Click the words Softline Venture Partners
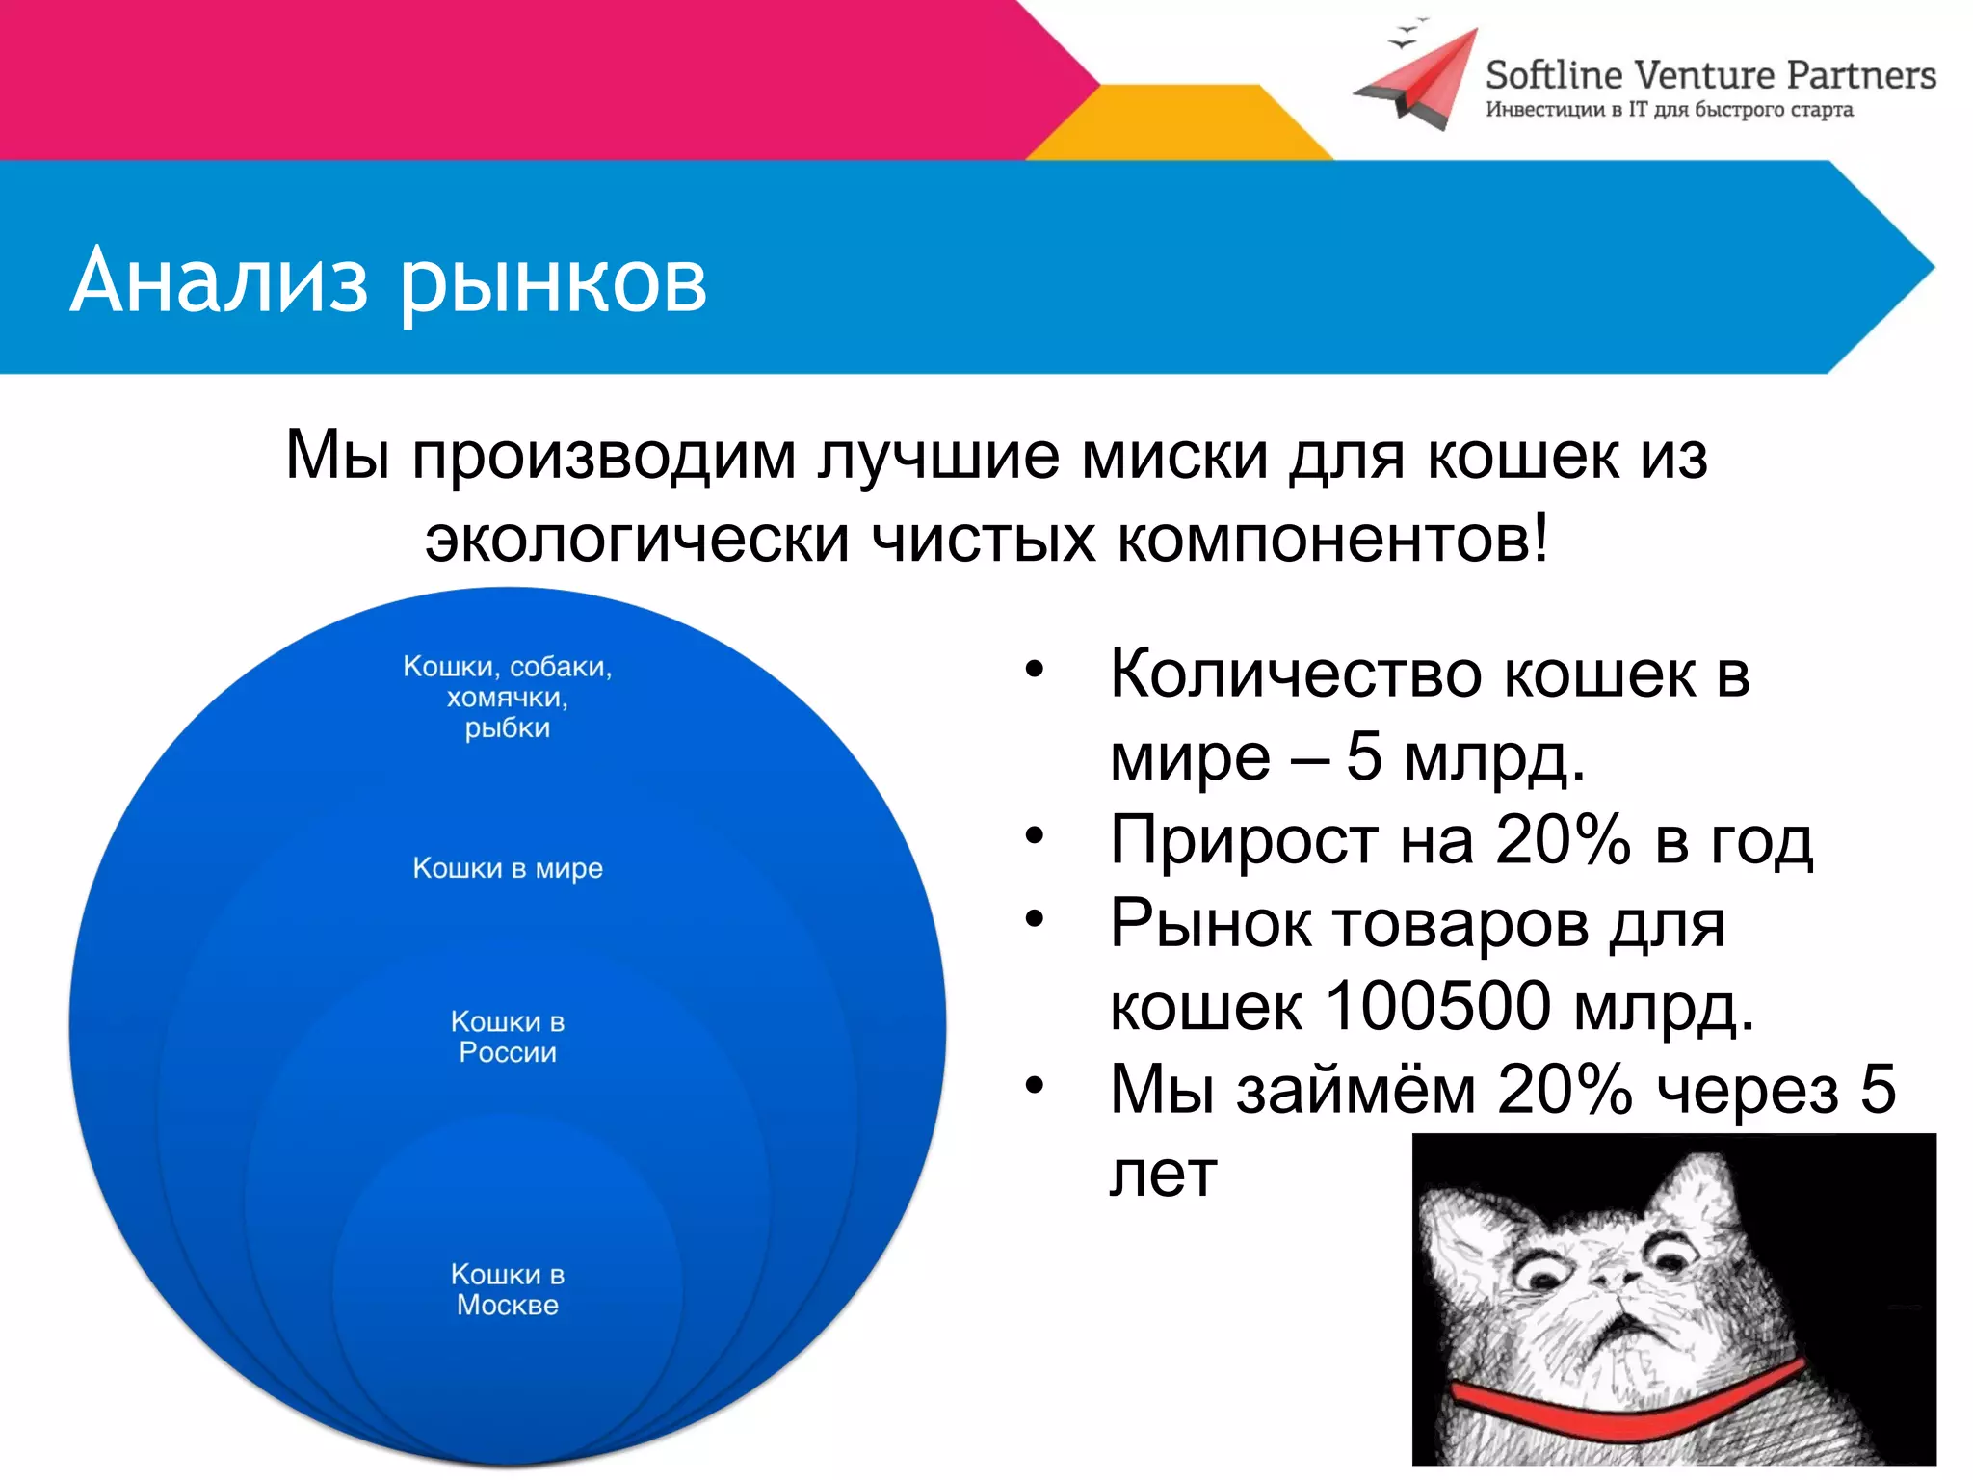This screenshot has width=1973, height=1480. coord(1710,75)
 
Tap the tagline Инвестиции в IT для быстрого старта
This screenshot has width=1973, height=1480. coord(1669,110)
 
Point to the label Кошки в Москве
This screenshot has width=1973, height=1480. coord(508,1289)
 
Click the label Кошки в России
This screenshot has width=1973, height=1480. coord(508,1037)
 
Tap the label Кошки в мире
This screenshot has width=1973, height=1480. coord(508,868)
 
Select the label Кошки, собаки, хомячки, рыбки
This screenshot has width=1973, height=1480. coord(508,697)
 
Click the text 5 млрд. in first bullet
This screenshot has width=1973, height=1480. coord(1464,757)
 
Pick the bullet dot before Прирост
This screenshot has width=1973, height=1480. coord(1035,835)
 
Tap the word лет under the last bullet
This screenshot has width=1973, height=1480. coord(1163,1175)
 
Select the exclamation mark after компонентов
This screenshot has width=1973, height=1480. coord(1540,538)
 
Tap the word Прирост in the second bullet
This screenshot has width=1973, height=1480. coord(1243,840)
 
